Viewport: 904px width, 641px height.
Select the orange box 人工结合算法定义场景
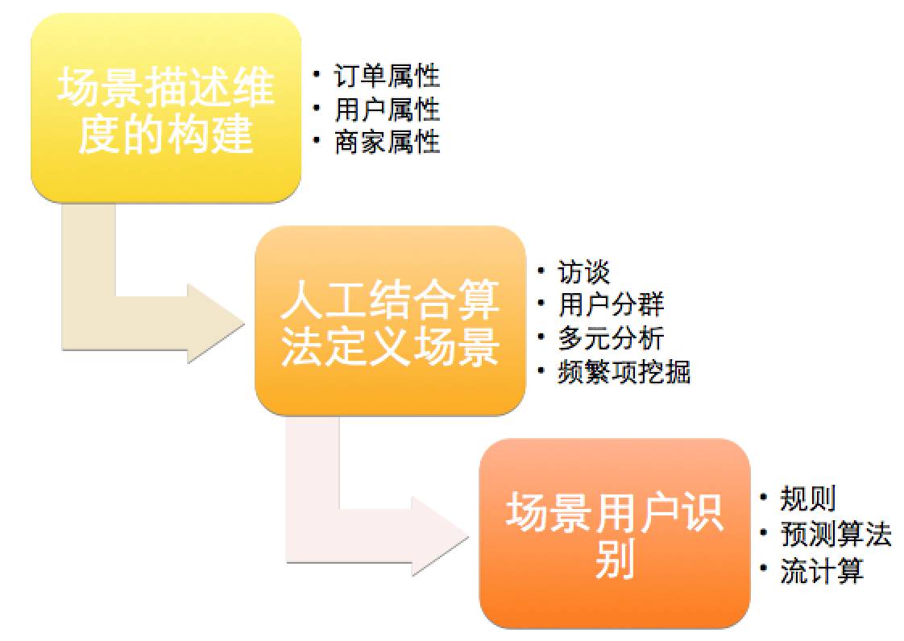tap(390, 321)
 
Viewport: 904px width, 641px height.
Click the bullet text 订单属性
tap(387, 77)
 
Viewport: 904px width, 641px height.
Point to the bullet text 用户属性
tap(387, 110)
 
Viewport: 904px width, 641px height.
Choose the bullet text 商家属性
tap(387, 143)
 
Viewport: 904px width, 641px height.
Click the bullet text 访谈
tap(584, 271)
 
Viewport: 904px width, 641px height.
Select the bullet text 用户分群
tap(611, 305)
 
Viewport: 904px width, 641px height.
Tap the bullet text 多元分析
tap(611, 338)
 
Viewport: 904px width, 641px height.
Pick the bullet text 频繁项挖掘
tap(624, 372)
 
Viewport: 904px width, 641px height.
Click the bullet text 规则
tap(807, 499)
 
